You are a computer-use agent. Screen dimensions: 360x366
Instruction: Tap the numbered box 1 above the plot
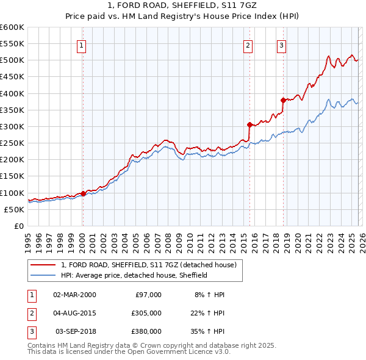(x=82, y=44)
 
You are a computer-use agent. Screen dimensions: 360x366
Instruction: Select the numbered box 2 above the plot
(x=248, y=44)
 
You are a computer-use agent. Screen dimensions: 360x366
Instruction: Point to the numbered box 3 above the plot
(x=281, y=44)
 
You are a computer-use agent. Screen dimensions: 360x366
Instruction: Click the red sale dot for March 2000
(x=84, y=193)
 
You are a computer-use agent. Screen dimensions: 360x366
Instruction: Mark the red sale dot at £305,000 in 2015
(x=249, y=124)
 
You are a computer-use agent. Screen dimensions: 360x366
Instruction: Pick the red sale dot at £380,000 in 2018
(x=283, y=100)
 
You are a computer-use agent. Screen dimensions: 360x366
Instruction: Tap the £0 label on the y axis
(x=18, y=226)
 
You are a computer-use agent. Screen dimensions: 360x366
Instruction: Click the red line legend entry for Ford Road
(x=152, y=265)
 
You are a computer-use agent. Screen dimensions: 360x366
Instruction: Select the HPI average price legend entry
(x=134, y=275)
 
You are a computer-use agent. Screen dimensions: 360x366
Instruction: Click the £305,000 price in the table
(x=147, y=313)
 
